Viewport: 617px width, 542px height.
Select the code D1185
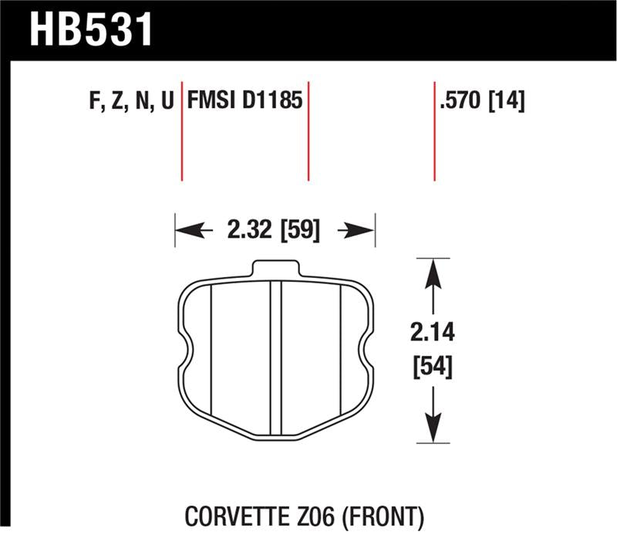pos(272,101)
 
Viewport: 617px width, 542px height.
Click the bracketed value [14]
pos(507,101)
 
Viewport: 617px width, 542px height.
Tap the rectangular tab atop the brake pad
pos(275,267)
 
